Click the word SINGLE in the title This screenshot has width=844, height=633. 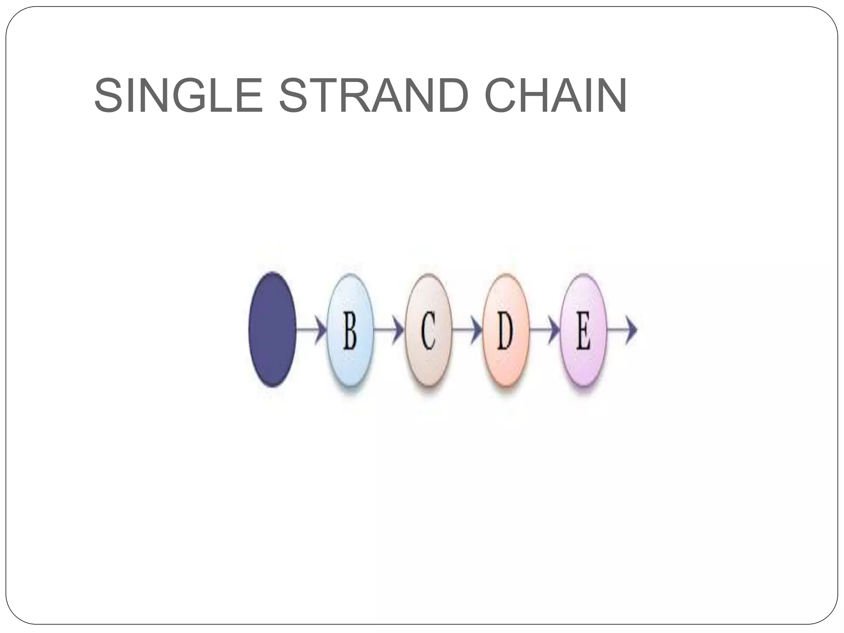pos(178,96)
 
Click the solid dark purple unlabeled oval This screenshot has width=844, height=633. pos(272,329)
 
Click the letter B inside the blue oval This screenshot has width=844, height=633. pos(350,330)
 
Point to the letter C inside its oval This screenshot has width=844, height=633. pos(428,330)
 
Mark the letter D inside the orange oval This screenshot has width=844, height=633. pos(505,330)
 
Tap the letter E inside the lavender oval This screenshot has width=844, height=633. pos(583,330)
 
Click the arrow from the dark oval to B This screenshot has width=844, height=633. pos(311,330)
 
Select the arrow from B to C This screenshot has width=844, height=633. pos(389,330)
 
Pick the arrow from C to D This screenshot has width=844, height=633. pos(467,330)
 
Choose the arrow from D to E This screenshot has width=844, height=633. pos(544,330)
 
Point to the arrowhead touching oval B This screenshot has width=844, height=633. pos(321,330)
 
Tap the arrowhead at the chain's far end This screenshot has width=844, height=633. pos(631,330)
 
